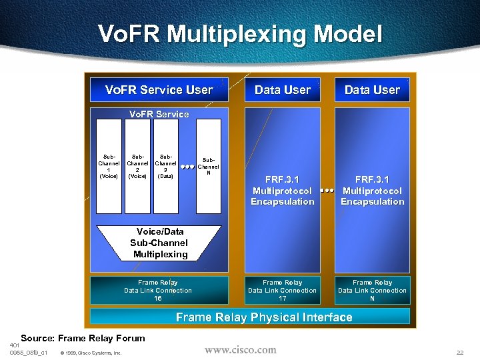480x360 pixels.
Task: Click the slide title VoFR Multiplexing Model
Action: coord(240,35)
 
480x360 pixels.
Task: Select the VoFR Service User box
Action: coord(159,90)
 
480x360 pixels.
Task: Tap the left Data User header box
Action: coord(282,90)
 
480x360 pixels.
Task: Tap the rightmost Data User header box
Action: coord(372,90)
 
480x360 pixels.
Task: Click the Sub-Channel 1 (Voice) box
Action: coord(109,166)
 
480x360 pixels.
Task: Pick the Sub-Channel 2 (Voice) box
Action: coord(137,166)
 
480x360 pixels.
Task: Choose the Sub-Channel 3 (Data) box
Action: coord(165,166)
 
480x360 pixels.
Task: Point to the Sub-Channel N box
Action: coord(209,166)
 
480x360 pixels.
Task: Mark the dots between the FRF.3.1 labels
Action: coord(327,191)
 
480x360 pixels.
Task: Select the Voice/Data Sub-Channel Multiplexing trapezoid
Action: coord(159,243)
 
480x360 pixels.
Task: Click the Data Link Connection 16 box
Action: coord(158,291)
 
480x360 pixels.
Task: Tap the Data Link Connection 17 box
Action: coord(282,291)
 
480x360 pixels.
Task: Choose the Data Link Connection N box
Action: coord(372,291)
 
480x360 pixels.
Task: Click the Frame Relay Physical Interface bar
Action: coord(263,317)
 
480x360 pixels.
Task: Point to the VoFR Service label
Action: coord(159,114)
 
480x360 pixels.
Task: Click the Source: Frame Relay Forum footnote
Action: coord(83,339)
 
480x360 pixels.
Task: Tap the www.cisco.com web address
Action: coord(240,349)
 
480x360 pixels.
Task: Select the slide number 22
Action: coord(460,352)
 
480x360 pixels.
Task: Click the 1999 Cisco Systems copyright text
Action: coord(91,353)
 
